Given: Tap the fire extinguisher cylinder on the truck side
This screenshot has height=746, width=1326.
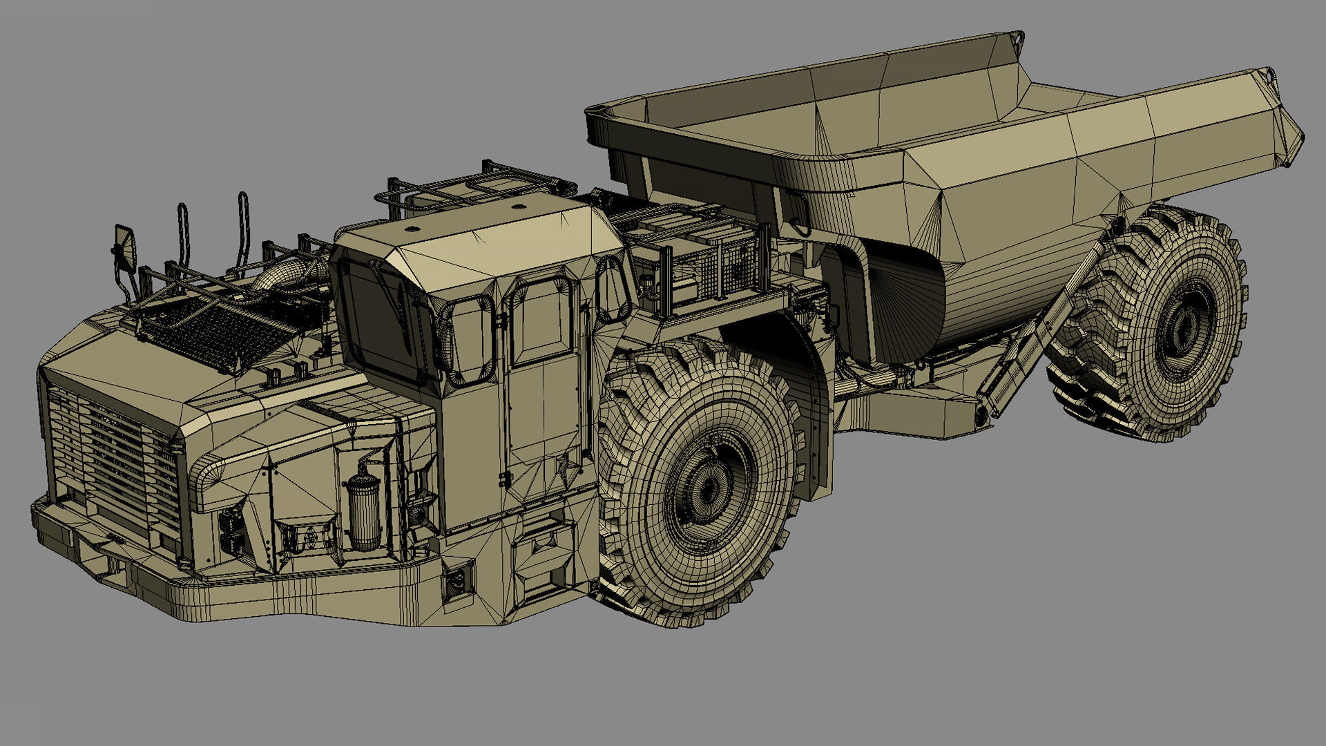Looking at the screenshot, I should tap(363, 511).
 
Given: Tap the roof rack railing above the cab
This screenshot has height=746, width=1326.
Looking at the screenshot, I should tap(477, 181).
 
